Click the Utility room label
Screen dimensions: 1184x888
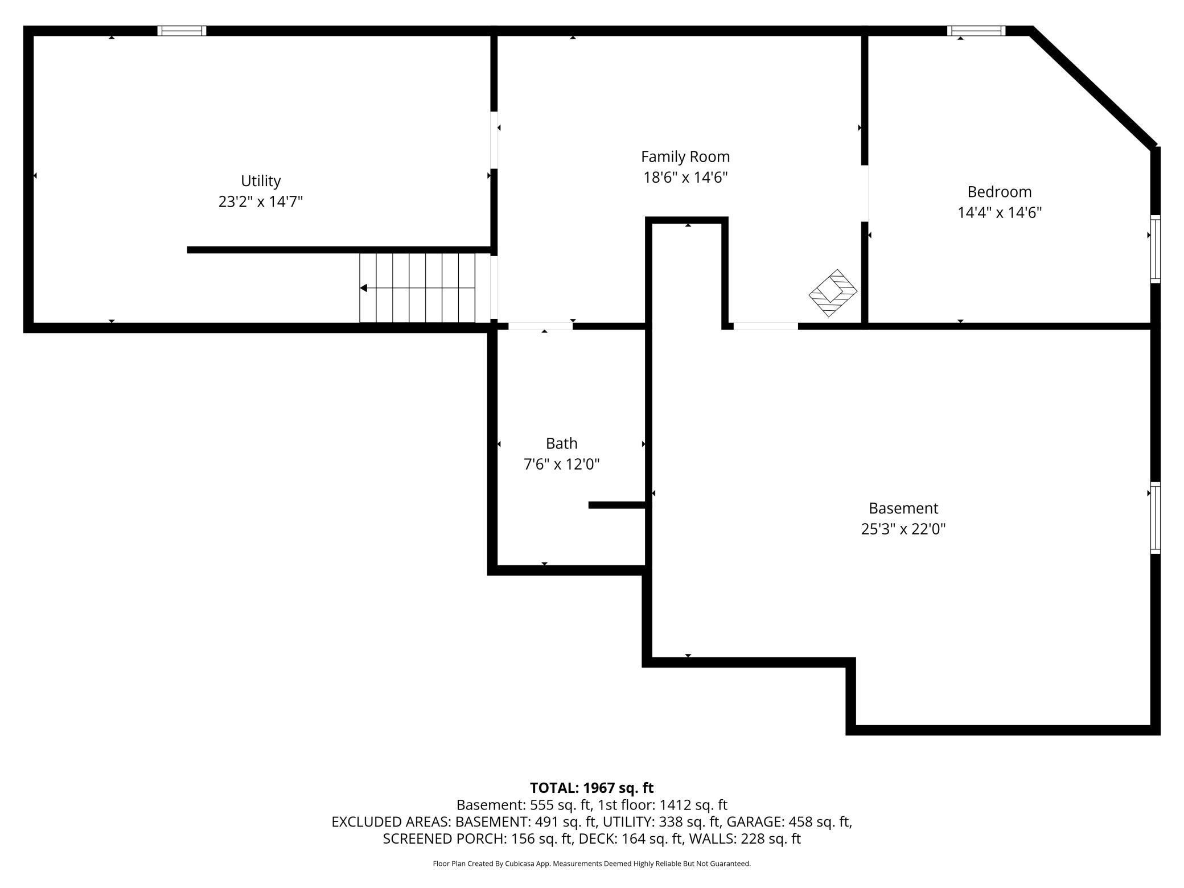click(x=261, y=181)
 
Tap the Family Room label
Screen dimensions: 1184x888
click(x=685, y=157)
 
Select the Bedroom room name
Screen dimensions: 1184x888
click(x=1000, y=192)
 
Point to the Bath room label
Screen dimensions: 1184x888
click(x=562, y=443)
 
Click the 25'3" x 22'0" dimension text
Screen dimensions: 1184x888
click(x=903, y=529)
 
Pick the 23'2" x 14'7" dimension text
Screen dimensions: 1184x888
click(x=261, y=202)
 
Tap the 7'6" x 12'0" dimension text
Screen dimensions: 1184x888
click(x=562, y=464)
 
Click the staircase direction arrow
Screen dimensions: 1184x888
click(x=417, y=288)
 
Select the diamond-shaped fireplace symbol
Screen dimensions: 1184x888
click(x=833, y=293)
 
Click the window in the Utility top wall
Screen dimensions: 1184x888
click(x=182, y=31)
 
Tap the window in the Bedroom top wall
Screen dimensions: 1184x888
click(x=976, y=31)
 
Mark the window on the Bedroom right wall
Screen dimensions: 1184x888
click(x=1156, y=249)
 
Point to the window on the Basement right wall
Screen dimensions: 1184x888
click(x=1156, y=517)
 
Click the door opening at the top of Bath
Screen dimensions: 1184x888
click(x=540, y=326)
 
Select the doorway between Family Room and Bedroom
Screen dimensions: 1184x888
click(x=865, y=194)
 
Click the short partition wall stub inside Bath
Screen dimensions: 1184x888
click(x=617, y=505)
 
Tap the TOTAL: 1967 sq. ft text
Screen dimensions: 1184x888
click(x=592, y=788)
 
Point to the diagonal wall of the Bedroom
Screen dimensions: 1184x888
click(x=1095, y=88)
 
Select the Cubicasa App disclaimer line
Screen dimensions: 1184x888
click(x=592, y=864)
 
